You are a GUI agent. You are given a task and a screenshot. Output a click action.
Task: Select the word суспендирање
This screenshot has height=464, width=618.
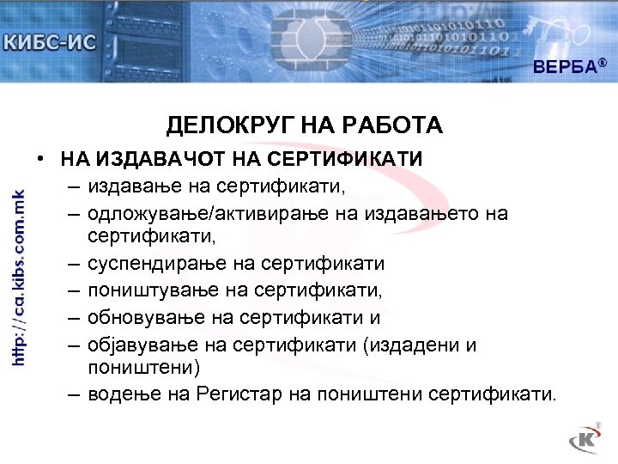point(156,263)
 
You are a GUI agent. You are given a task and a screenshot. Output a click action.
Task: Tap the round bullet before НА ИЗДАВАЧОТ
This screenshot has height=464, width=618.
point(40,160)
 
